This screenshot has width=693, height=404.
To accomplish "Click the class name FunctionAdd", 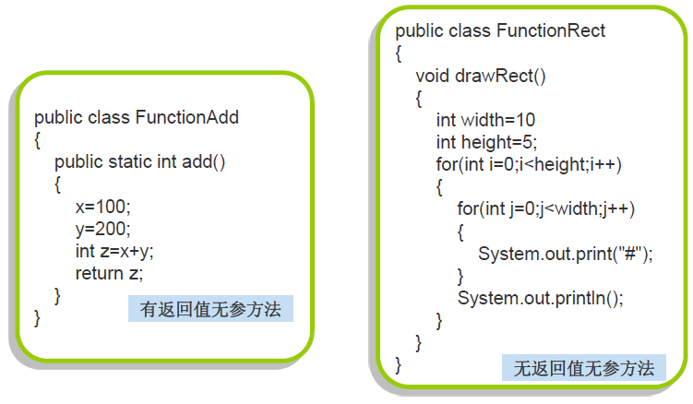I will (x=187, y=117).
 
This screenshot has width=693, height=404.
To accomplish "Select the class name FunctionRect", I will (x=551, y=31).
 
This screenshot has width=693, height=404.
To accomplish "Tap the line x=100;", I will (x=103, y=206).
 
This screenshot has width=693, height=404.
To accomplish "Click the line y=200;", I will (x=103, y=228).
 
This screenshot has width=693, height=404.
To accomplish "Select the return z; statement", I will (x=110, y=273).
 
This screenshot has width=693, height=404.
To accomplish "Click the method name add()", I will (x=204, y=161).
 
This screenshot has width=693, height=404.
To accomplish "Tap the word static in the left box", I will (x=130, y=161).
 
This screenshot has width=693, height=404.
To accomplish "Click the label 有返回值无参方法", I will (x=210, y=308).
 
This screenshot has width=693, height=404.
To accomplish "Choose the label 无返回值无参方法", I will (x=584, y=368).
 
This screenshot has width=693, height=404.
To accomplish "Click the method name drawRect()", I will (x=501, y=76).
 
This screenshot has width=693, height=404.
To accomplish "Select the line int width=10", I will (x=485, y=120).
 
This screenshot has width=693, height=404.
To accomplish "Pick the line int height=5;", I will (x=486, y=142).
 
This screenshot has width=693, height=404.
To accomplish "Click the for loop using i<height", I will (x=529, y=165).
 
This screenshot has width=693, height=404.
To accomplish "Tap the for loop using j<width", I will (x=546, y=209).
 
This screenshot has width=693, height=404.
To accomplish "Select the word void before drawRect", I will (x=433, y=76).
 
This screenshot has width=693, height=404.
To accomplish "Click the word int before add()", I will (x=167, y=161).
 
